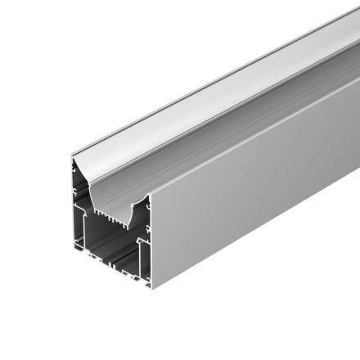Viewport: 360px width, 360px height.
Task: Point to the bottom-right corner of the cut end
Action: point(152,288)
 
